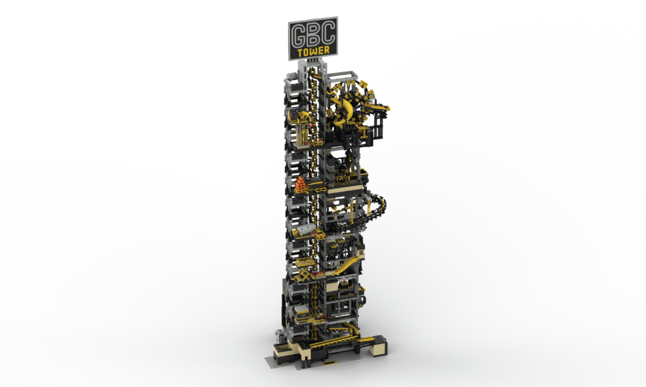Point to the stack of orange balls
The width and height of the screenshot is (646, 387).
pos(302,184)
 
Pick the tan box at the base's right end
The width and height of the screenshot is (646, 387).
pos(379,346)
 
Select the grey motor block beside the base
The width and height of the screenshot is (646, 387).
pos(280,336)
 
